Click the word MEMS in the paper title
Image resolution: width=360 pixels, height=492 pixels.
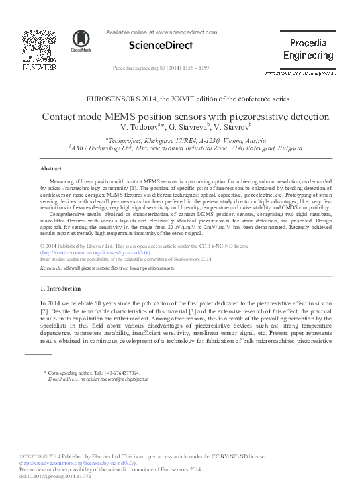138,116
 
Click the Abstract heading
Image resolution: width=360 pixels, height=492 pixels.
52,169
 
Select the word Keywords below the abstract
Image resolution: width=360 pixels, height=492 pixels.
52,268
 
